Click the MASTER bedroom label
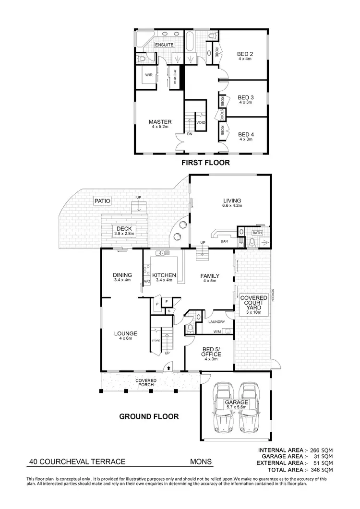(x=160, y=122)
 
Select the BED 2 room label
(x=245, y=54)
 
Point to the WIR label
(x=149, y=75)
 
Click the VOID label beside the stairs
(x=201, y=122)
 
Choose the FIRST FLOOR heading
(x=205, y=163)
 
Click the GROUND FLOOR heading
(x=149, y=416)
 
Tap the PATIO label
(x=103, y=201)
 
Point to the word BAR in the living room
(x=224, y=241)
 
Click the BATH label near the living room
(x=258, y=233)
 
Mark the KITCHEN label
(x=165, y=275)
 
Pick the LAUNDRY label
(x=216, y=322)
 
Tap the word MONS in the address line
(x=200, y=462)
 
